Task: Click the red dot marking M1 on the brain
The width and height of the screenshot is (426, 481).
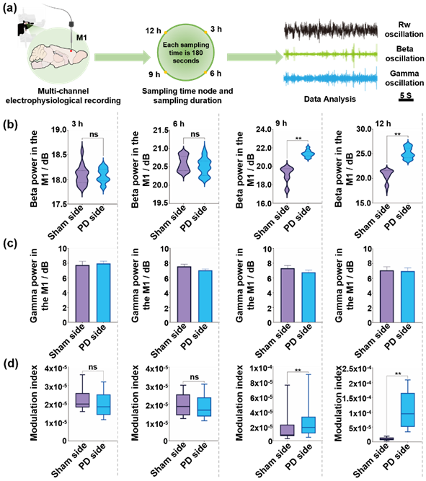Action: click(71, 51)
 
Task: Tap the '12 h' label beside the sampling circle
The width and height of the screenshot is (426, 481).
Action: click(153, 31)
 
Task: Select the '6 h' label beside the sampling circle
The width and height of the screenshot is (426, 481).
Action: click(216, 74)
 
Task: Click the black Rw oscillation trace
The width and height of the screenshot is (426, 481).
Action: click(331, 31)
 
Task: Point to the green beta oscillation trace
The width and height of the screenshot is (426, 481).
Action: click(331, 55)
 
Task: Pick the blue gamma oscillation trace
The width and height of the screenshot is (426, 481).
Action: click(331, 79)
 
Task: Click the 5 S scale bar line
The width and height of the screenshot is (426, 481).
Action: click(406, 100)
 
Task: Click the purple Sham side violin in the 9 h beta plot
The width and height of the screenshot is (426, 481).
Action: click(287, 179)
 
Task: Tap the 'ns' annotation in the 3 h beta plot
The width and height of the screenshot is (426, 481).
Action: click(94, 134)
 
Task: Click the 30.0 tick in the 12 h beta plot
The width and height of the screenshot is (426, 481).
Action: click(364, 130)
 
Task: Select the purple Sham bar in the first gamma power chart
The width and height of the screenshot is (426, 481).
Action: click(82, 294)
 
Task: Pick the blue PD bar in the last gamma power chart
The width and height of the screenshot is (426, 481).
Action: click(407, 297)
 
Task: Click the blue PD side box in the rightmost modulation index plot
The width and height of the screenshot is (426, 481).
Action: click(407, 410)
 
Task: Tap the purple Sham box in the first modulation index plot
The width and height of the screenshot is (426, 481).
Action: click(82, 400)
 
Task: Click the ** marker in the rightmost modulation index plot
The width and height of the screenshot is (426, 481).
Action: click(398, 374)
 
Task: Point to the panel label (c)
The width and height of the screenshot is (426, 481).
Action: click(10, 244)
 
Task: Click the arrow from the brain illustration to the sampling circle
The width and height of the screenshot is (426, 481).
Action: click(122, 57)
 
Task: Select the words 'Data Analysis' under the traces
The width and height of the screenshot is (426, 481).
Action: click(329, 99)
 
